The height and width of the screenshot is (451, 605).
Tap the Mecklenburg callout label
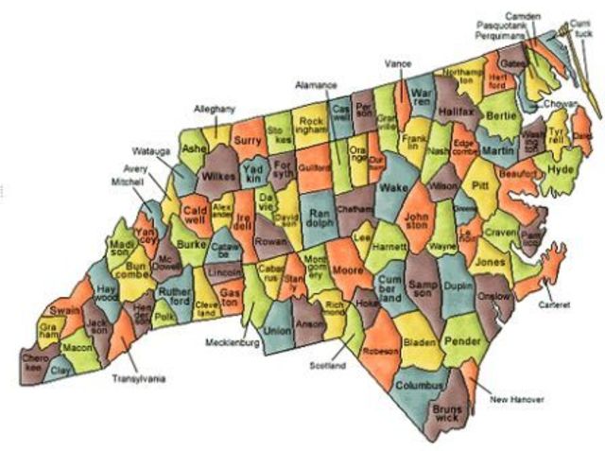point(232,342)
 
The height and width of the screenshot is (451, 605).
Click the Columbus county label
point(419,387)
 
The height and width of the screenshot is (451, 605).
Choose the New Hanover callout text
point(517,400)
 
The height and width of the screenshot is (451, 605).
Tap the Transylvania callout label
point(139,379)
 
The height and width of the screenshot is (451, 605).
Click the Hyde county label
point(561,168)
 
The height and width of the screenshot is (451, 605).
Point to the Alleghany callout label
point(215,110)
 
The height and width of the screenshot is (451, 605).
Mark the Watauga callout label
point(148,150)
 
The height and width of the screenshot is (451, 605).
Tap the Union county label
point(276,332)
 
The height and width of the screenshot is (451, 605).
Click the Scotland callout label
point(326,365)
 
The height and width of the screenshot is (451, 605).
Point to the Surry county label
point(247,141)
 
